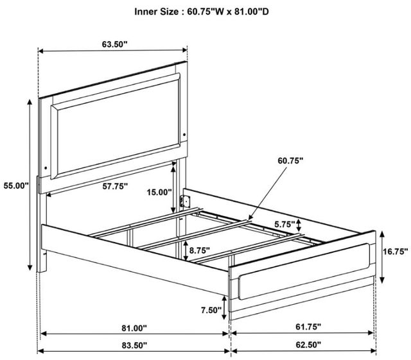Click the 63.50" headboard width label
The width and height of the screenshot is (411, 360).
tap(114, 44)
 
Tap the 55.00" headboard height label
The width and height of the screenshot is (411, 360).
tap(16, 185)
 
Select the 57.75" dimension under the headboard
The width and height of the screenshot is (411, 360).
tap(115, 186)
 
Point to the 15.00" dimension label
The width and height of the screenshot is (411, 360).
tap(159, 193)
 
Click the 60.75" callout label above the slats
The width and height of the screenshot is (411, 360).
tap(290, 160)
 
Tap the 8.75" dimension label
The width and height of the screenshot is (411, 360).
tap(200, 250)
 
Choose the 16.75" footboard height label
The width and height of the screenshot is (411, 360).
tap(396, 252)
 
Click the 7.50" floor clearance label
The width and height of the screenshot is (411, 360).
tap(211, 310)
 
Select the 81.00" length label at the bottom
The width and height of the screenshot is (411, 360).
tap(134, 328)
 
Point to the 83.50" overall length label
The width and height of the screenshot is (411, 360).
tap(134, 345)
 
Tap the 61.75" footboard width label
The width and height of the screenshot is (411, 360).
tap(308, 327)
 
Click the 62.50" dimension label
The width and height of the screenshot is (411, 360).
tap(308, 345)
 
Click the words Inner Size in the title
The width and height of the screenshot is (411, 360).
tap(156, 12)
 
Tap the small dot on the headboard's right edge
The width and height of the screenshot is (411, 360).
tap(184, 135)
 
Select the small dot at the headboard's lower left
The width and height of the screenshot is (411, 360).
tap(46, 167)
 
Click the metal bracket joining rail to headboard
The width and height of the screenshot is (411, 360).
tap(185, 201)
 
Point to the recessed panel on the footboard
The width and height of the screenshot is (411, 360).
tap(304, 271)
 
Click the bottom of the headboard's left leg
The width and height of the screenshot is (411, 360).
tap(42, 271)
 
